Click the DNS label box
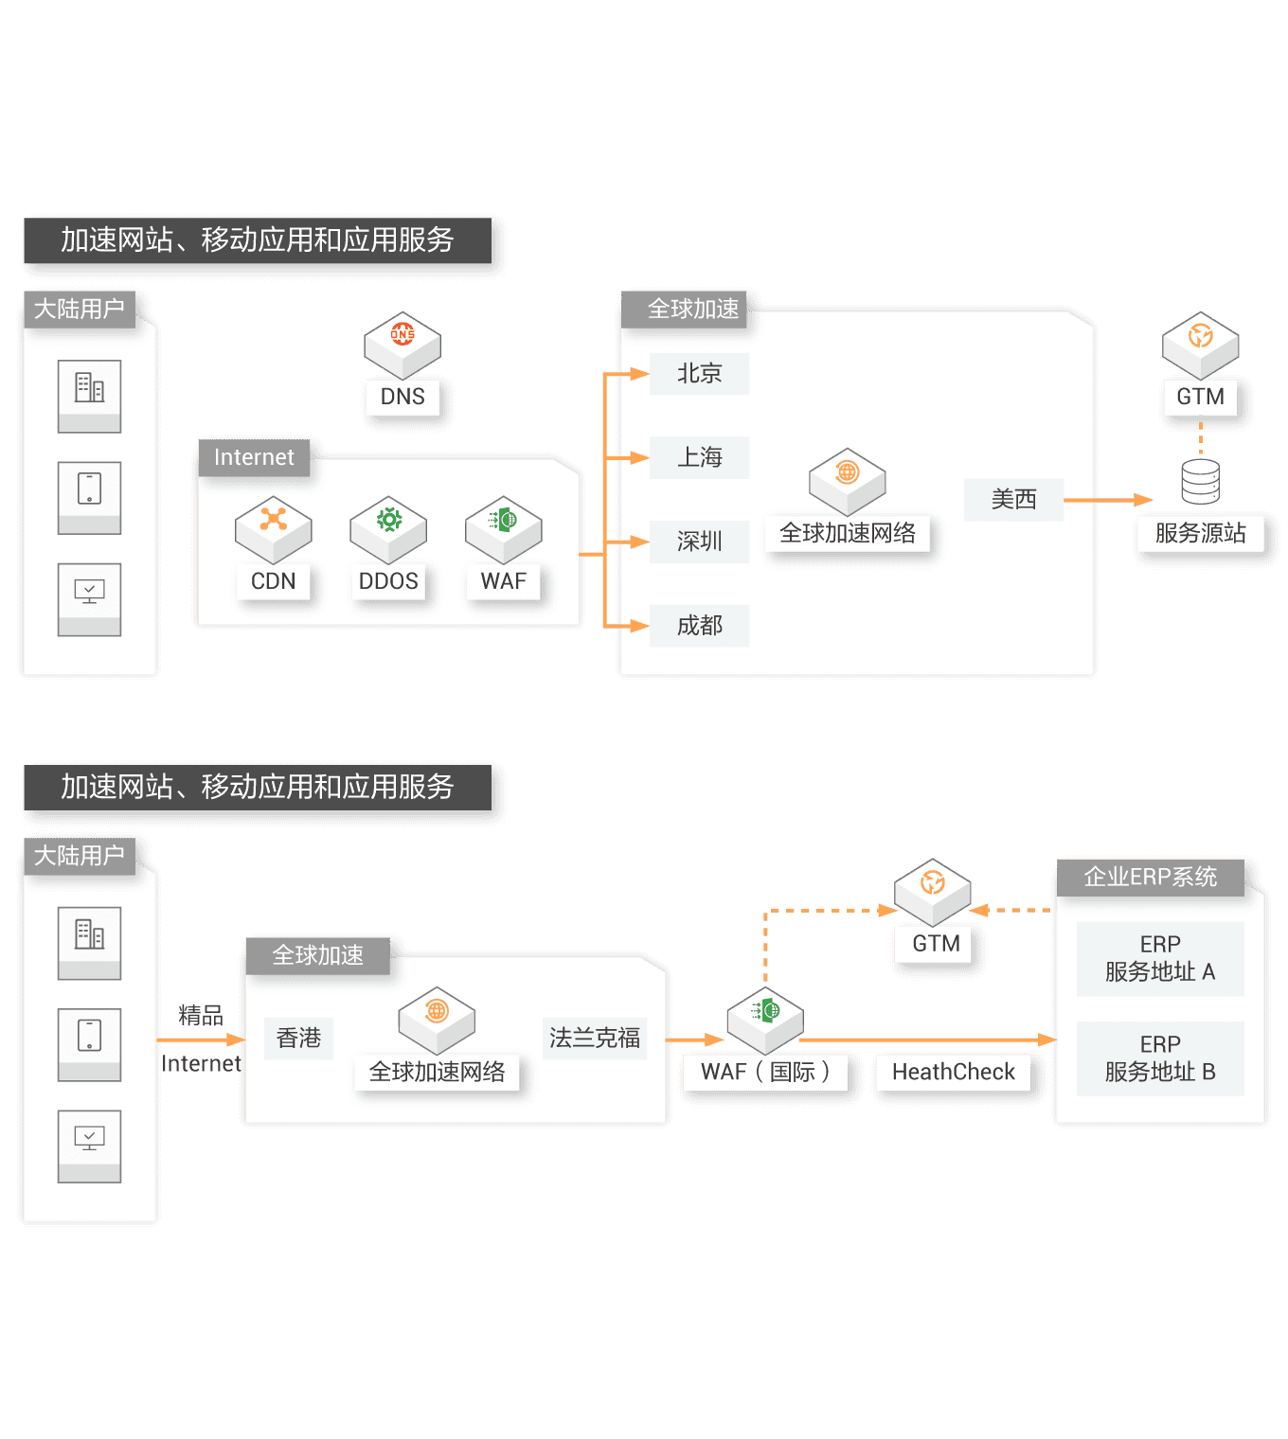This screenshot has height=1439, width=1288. [402, 397]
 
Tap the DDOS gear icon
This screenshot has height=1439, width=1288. [388, 521]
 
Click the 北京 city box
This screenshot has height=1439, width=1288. [699, 374]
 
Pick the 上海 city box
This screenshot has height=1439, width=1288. [699, 457]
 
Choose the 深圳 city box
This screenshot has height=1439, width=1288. [699, 542]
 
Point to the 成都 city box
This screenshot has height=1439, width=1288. [699, 626]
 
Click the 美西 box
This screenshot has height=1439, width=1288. [1013, 499]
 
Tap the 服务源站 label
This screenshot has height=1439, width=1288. [1200, 533]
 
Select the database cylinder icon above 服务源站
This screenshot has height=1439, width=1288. [1200, 481]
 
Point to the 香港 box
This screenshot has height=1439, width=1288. [298, 1039]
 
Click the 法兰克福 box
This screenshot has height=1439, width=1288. [595, 1039]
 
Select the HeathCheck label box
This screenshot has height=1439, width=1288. [953, 1072]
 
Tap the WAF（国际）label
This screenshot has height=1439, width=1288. [765, 1072]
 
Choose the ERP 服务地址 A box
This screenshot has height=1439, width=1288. [1160, 958]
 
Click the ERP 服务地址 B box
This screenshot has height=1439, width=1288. [1160, 1058]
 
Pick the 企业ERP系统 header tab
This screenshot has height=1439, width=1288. [1150, 877]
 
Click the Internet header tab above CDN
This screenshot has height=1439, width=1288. [254, 457]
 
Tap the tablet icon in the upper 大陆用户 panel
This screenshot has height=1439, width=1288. [89, 489]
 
